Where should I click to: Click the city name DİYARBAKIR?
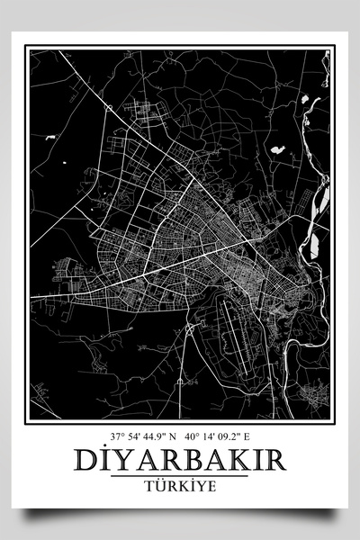point(181,461)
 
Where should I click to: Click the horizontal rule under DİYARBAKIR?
point(181,475)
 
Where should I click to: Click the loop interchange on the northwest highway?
point(108,107)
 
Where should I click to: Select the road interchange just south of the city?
point(190,329)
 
